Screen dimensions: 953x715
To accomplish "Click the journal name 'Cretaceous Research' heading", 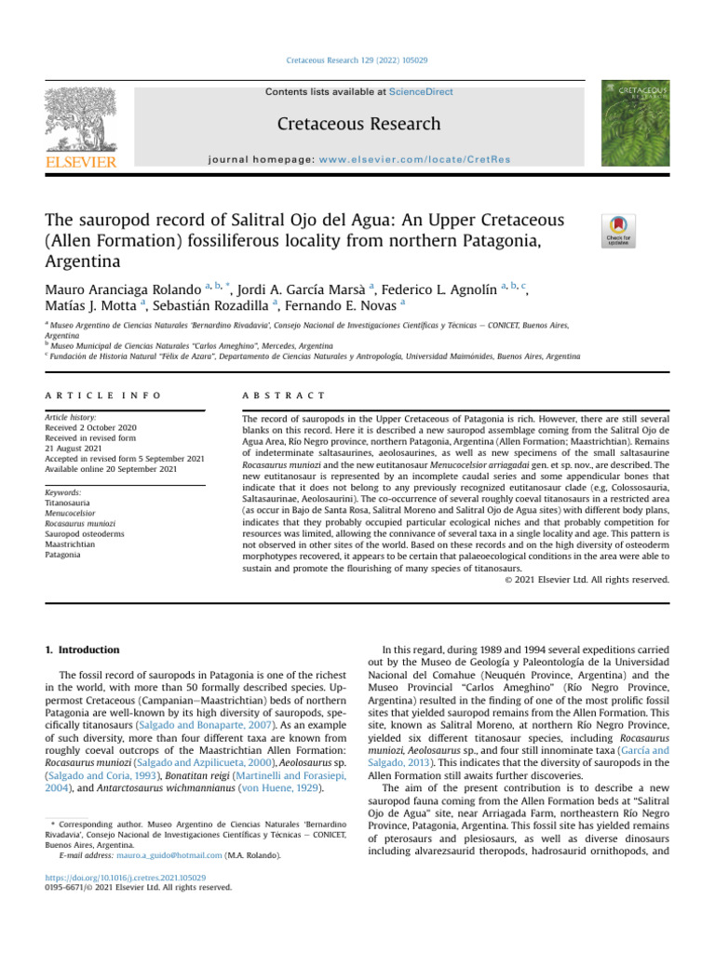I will click(357, 125).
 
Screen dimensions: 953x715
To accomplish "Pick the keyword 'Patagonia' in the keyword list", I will click(63, 555).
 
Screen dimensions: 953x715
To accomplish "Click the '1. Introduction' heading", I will click(84, 650).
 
